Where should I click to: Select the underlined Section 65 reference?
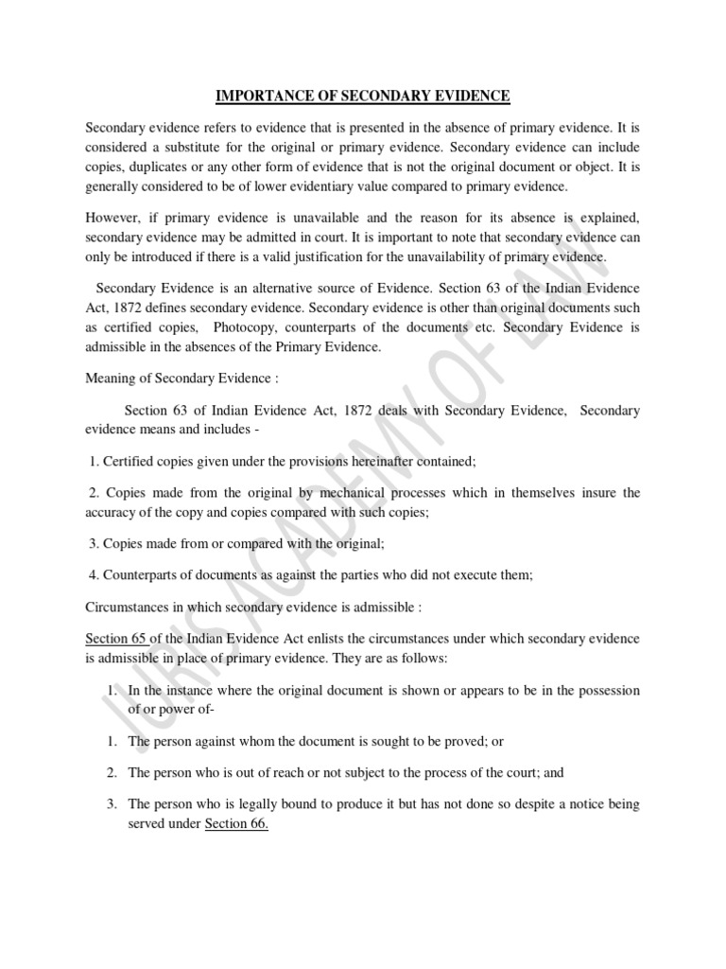coord(116,639)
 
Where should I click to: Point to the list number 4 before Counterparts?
coord(92,575)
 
